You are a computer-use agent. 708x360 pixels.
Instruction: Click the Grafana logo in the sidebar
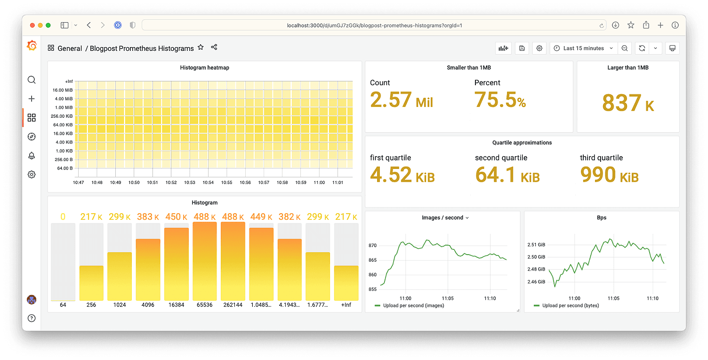pos(32,46)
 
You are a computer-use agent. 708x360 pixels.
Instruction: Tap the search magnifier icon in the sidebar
pos(32,80)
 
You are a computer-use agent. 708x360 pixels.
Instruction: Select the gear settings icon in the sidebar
pos(32,175)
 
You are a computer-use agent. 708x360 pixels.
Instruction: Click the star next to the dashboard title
pos(201,48)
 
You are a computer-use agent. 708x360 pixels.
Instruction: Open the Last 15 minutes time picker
pos(583,48)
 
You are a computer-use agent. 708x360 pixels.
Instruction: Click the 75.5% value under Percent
pos(500,99)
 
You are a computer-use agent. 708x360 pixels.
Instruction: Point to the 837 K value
pos(628,103)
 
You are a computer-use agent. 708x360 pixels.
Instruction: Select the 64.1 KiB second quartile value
pos(507,175)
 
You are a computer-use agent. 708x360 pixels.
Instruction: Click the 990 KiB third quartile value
pos(609,175)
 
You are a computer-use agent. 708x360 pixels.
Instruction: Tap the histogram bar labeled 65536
pos(205,261)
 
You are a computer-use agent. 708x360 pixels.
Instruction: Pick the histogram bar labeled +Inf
pos(346,283)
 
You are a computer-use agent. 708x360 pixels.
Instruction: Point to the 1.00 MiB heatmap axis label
pos(63,108)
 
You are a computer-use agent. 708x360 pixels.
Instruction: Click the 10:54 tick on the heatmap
pos(208,183)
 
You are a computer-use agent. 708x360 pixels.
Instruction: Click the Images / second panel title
pos(442,218)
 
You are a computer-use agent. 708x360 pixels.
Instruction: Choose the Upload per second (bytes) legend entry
pos(569,305)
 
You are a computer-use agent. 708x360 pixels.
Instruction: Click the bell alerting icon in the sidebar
pos(32,156)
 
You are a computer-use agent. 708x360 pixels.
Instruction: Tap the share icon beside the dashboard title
pos(214,48)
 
